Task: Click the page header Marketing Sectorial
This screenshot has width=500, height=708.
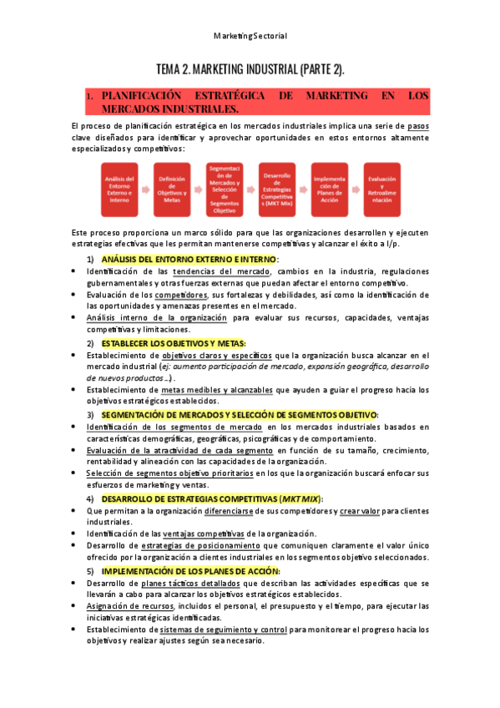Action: click(x=250, y=36)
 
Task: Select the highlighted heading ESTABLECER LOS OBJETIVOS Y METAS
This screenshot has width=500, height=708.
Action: click(x=174, y=343)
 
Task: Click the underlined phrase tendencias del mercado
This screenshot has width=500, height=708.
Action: click(x=220, y=271)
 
